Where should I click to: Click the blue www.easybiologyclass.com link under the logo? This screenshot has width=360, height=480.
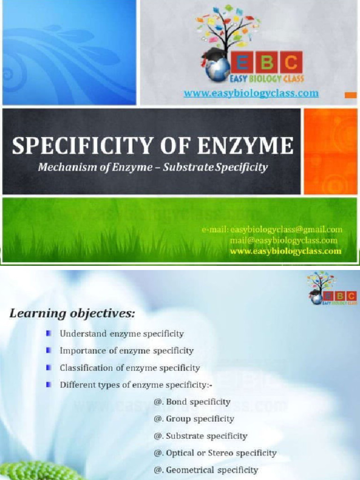pos(251,93)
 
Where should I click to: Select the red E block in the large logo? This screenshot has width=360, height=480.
pos(240,62)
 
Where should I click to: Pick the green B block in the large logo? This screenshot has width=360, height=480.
pos(265,62)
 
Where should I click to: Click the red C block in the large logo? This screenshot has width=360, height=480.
pos(291,62)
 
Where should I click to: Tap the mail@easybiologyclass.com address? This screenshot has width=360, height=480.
pos(283,240)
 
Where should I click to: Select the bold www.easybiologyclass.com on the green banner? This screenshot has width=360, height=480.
pos(285,251)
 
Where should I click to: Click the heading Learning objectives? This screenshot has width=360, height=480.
pos(72,314)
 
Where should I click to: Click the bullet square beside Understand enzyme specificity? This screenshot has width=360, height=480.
pos(49,333)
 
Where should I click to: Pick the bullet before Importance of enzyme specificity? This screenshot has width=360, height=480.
pos(49,350)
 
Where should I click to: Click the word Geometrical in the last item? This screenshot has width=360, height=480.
pos(190,470)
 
